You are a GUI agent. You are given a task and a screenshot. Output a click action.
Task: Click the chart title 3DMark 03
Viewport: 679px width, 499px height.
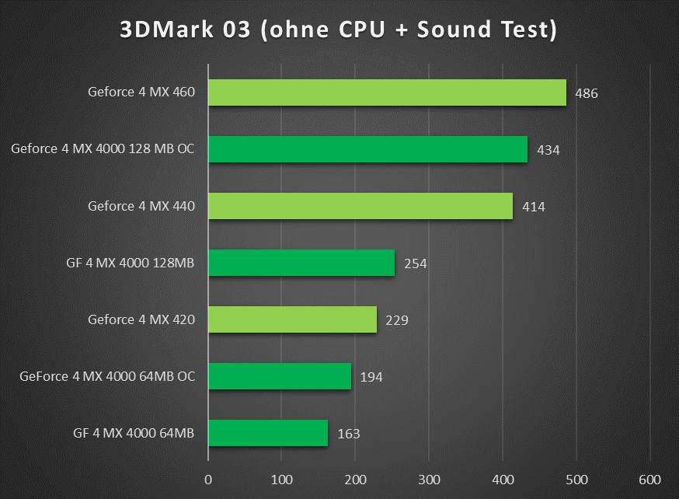pos(339,30)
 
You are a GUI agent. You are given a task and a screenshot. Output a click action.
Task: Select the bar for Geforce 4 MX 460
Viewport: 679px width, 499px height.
pos(387,92)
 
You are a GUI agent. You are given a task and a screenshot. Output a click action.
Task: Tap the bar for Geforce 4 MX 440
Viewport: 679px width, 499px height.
pos(360,206)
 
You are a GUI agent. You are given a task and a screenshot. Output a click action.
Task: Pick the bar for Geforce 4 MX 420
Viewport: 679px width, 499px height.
pos(292,319)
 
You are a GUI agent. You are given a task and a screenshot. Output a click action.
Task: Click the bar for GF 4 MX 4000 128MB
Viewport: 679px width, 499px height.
pos(301,263)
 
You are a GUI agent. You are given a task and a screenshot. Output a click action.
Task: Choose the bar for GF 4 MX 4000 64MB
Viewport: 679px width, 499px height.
pos(268,433)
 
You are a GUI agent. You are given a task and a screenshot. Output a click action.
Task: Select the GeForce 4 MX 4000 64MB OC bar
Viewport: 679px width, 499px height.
pos(280,376)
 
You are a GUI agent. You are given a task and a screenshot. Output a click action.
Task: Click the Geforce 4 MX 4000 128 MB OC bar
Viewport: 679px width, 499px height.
pos(367,149)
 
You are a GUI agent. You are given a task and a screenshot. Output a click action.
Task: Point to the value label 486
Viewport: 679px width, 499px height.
pos(587,93)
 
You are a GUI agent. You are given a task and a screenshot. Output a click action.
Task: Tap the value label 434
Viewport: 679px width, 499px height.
pos(548,150)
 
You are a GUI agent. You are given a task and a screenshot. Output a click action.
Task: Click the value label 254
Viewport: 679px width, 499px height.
pos(416,263)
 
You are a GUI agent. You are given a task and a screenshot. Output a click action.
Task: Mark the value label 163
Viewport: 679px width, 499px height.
pos(349,434)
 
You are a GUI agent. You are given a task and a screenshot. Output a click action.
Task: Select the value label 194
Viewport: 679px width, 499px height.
pos(371,377)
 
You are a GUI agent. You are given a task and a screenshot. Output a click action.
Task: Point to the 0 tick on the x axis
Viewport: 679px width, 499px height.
pos(208,478)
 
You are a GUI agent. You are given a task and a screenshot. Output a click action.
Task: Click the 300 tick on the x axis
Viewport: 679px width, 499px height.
pos(429,478)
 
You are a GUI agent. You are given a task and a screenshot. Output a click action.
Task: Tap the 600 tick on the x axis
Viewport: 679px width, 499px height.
pos(650,478)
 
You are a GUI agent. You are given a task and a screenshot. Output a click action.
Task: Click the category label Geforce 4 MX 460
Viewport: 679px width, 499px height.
pos(141,92)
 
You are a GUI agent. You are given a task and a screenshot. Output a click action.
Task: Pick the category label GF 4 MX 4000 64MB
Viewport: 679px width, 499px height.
pos(130,433)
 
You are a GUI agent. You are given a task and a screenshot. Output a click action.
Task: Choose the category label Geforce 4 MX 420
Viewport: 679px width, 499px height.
pos(141,319)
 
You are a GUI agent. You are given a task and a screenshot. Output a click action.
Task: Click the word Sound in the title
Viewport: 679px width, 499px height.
pos(451,30)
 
